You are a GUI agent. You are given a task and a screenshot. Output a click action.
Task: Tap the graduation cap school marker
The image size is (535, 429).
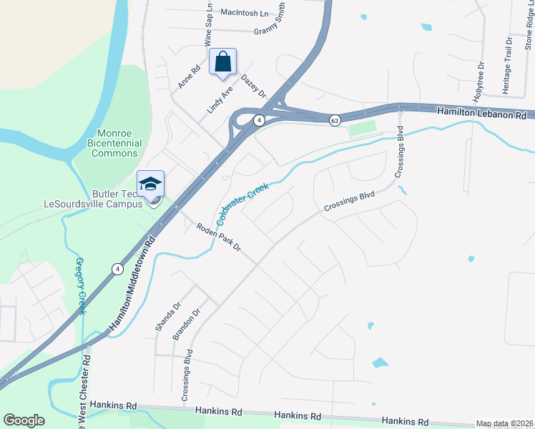(151, 185)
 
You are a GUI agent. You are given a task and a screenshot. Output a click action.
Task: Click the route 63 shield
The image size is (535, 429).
(334, 120)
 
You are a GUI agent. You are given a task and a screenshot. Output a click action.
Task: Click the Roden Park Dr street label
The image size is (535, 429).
(218, 237)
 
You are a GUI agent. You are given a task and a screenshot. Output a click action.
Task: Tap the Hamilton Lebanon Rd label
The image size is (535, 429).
(481, 113)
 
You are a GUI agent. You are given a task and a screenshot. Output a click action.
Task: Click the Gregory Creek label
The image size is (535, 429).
(80, 286)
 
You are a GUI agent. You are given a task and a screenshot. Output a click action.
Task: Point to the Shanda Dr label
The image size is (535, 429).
(164, 317)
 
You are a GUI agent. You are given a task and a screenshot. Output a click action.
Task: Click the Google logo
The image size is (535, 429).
(24, 420)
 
